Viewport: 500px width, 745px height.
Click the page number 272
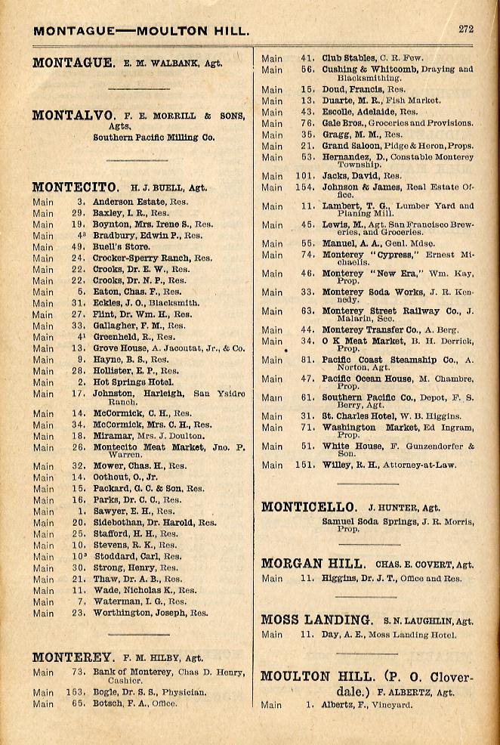(x=465, y=29)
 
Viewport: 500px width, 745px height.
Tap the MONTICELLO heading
(x=309, y=507)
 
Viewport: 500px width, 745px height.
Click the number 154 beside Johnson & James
(x=304, y=187)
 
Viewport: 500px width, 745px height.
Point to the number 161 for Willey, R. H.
(x=304, y=465)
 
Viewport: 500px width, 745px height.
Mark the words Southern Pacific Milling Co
(x=153, y=138)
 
